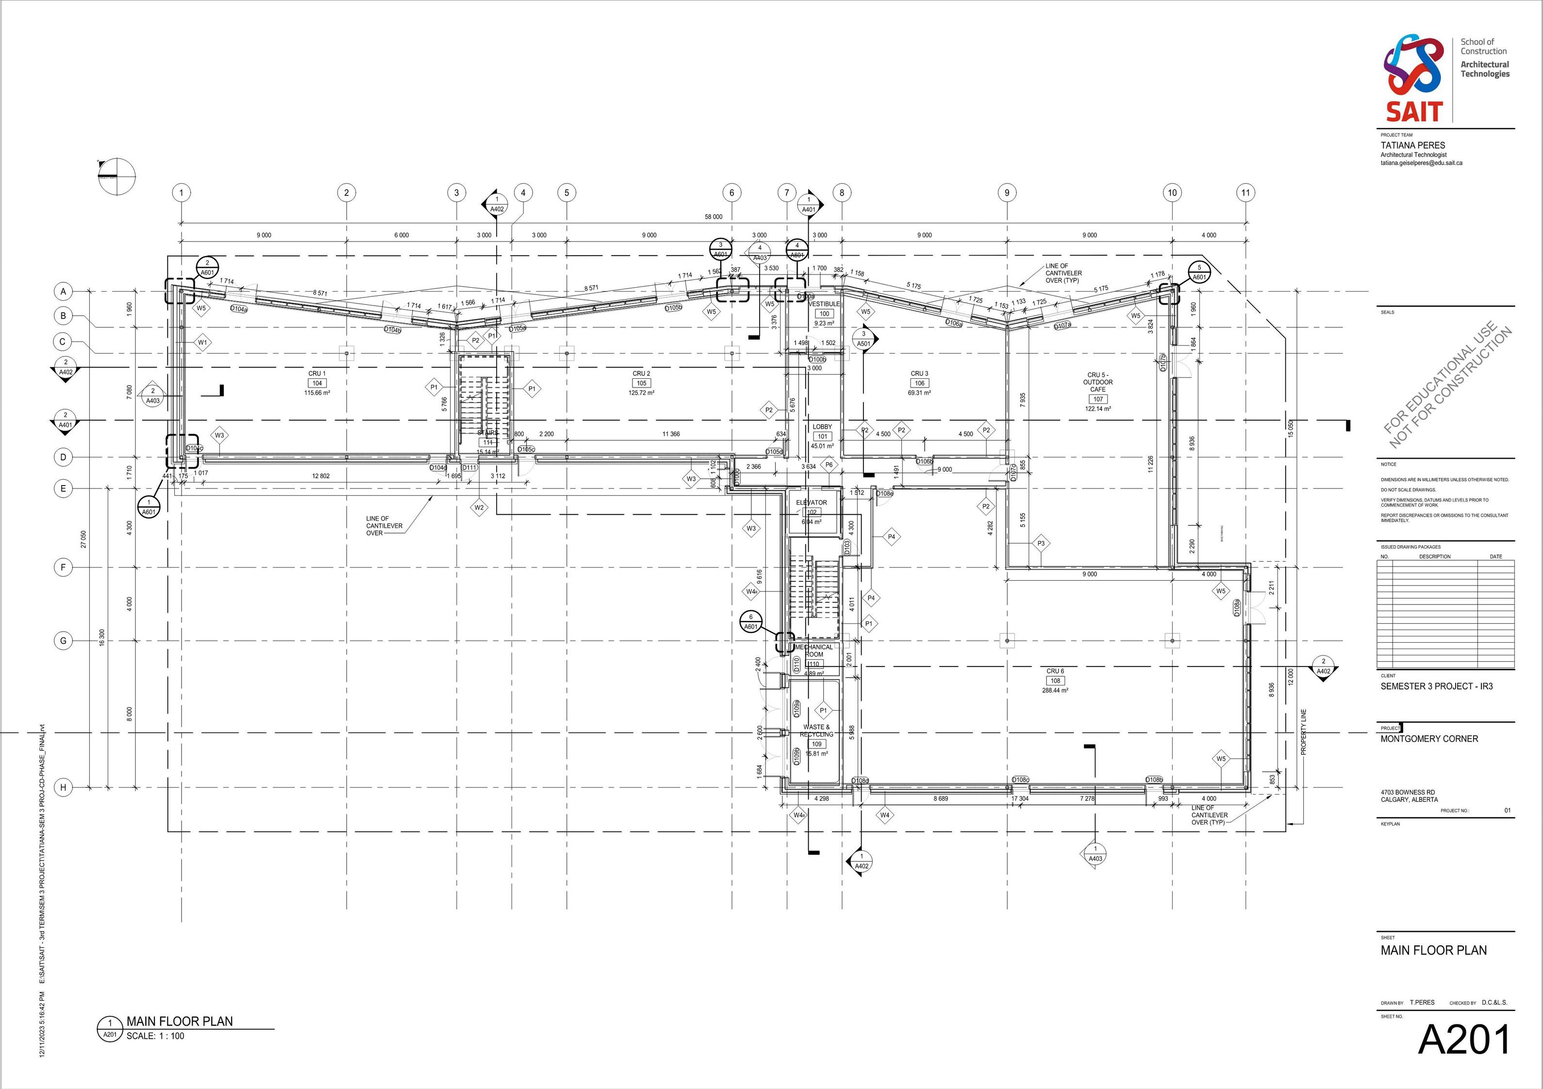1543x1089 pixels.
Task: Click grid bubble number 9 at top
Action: [1007, 193]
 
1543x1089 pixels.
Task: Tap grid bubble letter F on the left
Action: [63, 568]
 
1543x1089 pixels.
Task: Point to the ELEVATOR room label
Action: [811, 503]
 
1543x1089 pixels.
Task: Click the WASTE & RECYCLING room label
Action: [816, 730]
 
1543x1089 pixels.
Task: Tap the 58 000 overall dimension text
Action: [713, 217]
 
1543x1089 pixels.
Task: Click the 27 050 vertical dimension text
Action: [84, 539]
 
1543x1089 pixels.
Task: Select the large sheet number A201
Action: [1464, 1040]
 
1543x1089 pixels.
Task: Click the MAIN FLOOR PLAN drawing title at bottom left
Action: [180, 1021]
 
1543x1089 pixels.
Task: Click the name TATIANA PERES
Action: [1412, 145]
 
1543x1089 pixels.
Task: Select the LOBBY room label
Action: [822, 426]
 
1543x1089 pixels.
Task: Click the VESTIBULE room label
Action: [824, 304]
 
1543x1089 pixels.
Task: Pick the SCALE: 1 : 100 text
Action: [155, 1036]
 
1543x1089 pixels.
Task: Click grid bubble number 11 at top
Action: [1245, 193]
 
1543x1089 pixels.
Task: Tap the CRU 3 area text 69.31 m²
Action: [919, 393]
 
